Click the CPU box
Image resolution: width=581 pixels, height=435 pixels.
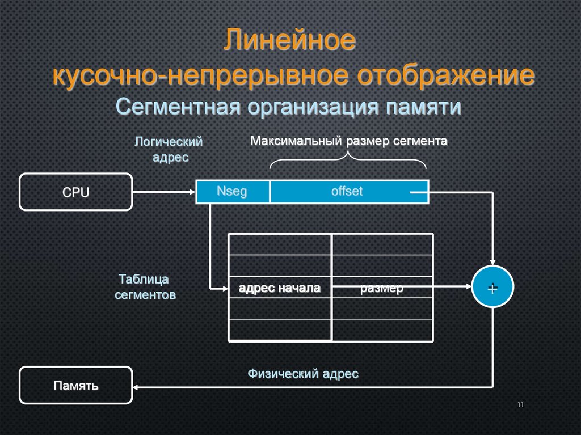click(x=75, y=192)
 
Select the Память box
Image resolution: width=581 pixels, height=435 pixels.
click(x=75, y=386)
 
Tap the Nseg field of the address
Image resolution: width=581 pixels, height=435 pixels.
click(x=232, y=192)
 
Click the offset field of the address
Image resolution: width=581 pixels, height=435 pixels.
click(x=347, y=192)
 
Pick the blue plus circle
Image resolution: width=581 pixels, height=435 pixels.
click(x=492, y=288)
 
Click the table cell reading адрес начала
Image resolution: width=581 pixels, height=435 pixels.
click(x=280, y=288)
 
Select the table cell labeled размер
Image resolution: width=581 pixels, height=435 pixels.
click(x=381, y=288)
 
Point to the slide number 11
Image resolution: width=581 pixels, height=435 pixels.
click(x=520, y=404)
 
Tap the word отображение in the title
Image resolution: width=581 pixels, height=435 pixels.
click(x=440, y=76)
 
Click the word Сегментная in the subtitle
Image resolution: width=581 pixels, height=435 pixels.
click(x=180, y=106)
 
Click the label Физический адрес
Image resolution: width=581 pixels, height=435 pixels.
click(x=303, y=374)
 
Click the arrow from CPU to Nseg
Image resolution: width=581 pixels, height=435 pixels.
click(x=164, y=192)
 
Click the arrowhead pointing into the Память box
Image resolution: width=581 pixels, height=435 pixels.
click(x=137, y=387)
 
